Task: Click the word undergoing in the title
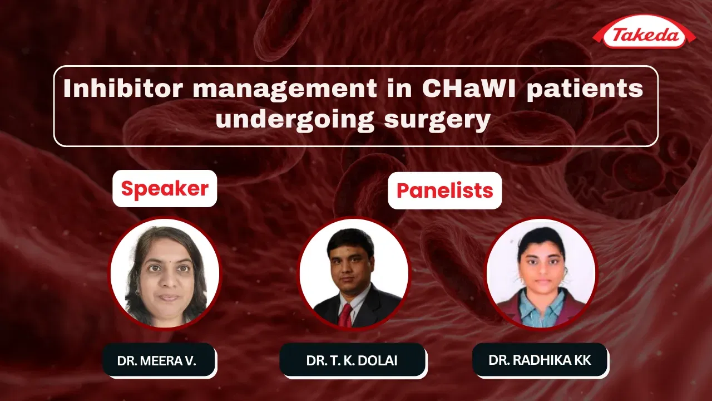click(x=295, y=120)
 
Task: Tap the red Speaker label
click(x=165, y=189)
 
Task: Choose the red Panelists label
click(x=444, y=190)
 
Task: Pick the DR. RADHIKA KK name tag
click(x=540, y=360)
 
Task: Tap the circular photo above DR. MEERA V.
click(x=165, y=273)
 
